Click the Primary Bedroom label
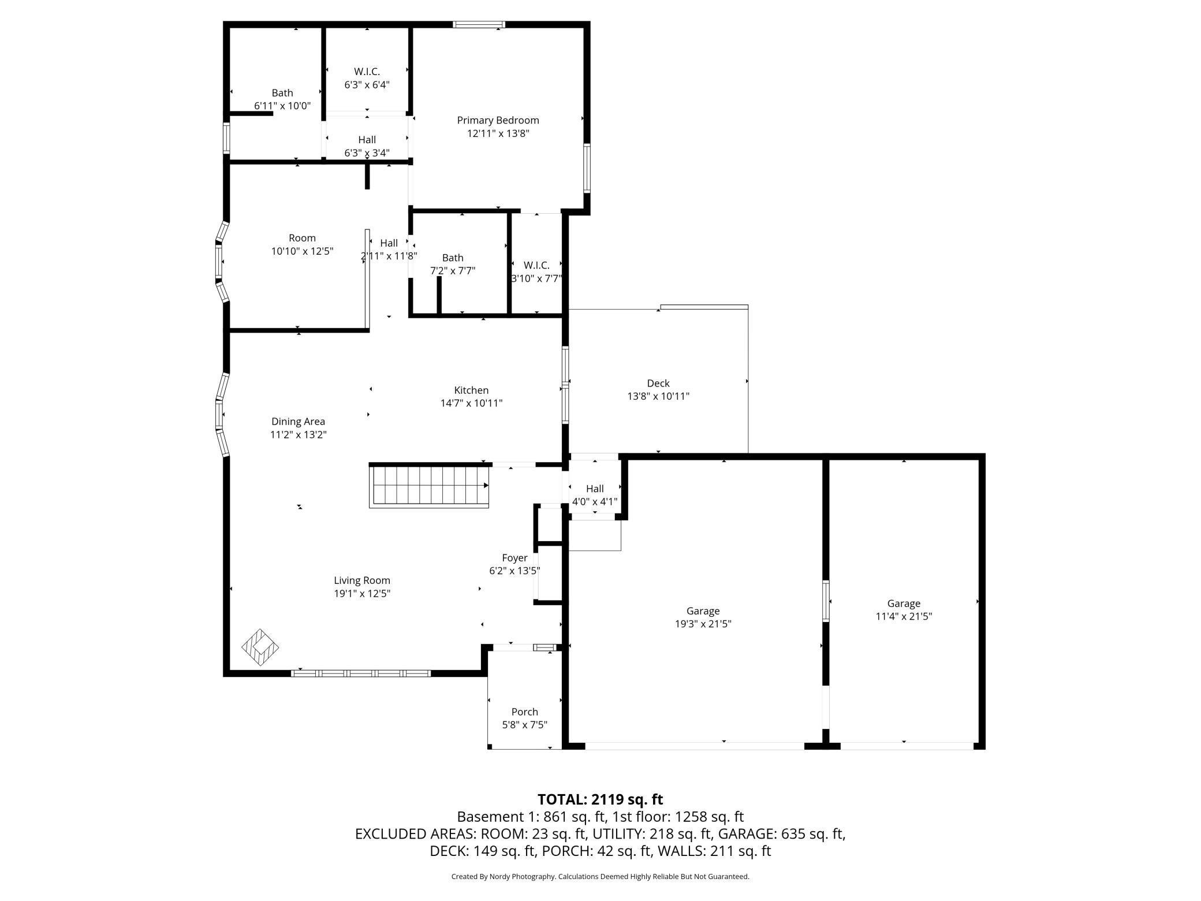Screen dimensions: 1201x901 [498, 120]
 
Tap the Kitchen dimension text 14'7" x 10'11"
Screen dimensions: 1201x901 [471, 403]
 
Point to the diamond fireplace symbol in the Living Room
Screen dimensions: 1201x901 [260, 647]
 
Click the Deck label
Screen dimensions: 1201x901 [658, 383]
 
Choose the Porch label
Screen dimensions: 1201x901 [524, 712]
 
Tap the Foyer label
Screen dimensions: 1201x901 [514, 558]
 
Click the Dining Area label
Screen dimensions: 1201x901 [298, 422]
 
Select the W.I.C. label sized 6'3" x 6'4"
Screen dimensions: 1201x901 [367, 72]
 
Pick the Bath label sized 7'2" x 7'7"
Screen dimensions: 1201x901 [453, 258]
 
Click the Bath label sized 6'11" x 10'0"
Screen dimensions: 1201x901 [282, 92]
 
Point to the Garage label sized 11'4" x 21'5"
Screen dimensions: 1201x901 [904, 604]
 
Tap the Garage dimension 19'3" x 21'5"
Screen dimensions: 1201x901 [703, 624]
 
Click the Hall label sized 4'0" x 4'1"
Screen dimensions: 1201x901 [595, 489]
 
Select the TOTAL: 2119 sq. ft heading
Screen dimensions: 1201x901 [600, 799]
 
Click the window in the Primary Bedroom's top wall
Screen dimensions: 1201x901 [479, 24]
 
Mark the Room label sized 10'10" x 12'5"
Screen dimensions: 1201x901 [302, 238]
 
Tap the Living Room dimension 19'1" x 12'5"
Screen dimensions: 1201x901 [362, 593]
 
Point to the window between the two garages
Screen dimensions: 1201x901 [826, 601]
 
